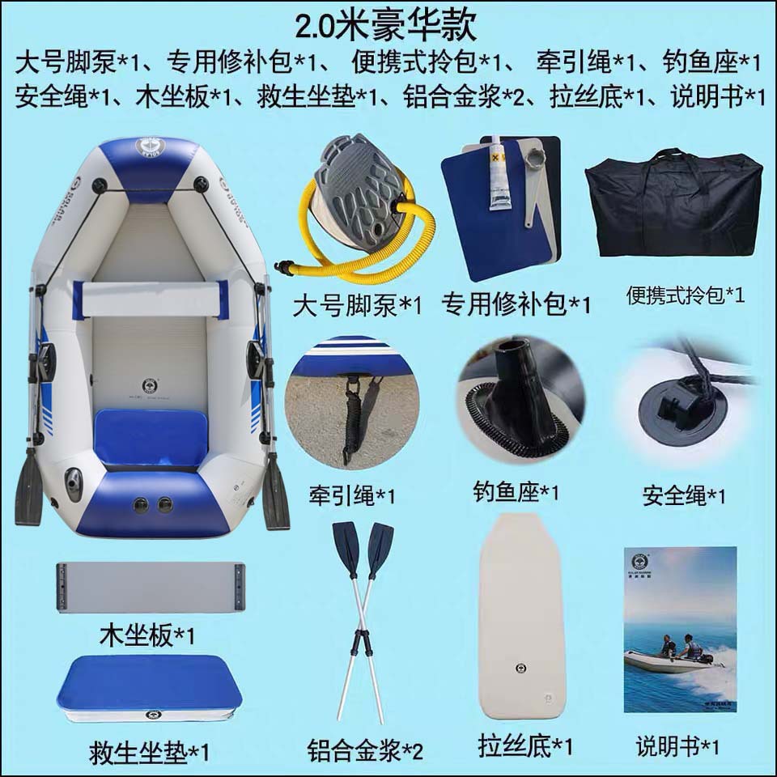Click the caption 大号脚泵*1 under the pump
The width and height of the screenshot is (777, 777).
[357, 306]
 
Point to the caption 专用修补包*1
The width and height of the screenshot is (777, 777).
[515, 305]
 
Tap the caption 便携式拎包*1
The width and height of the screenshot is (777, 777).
[685, 295]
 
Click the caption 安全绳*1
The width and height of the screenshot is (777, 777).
[684, 495]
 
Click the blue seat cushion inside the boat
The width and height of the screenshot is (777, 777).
[151, 437]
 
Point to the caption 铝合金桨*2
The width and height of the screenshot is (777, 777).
[365, 750]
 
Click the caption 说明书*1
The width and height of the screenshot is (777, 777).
[677, 745]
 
